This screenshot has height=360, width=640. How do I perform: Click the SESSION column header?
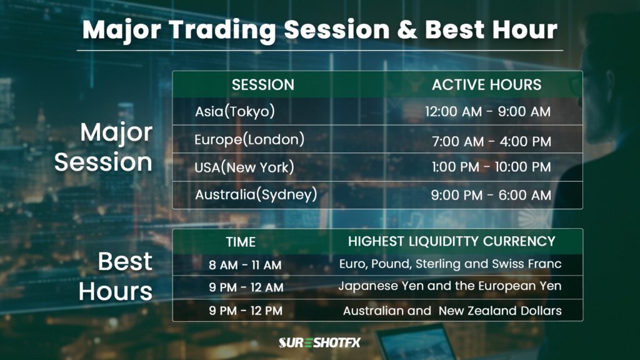[x=262, y=84]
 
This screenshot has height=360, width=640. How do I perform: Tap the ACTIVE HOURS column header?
[x=486, y=84]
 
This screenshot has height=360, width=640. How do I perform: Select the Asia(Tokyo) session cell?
[x=235, y=111]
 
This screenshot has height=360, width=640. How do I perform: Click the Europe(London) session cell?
[x=249, y=139]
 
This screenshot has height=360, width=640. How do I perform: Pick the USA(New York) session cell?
[x=244, y=167]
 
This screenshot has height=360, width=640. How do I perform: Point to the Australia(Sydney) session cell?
[x=256, y=194]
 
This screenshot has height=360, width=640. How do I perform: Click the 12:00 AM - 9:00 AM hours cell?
[x=487, y=112]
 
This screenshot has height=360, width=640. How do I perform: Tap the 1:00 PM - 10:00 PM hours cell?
[x=491, y=167]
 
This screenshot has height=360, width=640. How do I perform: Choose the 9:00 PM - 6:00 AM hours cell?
[x=491, y=196]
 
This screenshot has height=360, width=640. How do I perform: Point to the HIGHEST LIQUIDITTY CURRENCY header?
[x=451, y=241]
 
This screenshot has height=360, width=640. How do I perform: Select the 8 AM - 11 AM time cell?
[x=245, y=265]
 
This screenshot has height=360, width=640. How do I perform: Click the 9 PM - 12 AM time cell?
[x=246, y=287]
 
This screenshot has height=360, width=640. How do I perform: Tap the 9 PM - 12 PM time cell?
[x=246, y=311]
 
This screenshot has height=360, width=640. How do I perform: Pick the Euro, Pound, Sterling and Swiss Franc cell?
[x=450, y=264]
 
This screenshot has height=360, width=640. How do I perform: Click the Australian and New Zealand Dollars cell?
[x=452, y=311]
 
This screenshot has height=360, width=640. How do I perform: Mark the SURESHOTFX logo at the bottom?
[x=319, y=342]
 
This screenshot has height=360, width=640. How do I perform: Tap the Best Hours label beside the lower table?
[x=116, y=276]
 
